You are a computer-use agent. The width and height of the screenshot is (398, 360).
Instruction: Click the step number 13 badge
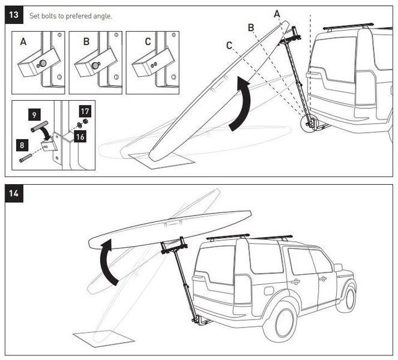(x=14, y=16)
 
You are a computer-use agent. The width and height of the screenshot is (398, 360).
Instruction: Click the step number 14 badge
(x=14, y=194)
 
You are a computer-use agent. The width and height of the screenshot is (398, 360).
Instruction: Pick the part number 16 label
(x=80, y=137)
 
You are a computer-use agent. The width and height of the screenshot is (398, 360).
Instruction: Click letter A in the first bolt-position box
(x=23, y=41)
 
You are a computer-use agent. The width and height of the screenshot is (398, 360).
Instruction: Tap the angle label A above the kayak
(x=277, y=13)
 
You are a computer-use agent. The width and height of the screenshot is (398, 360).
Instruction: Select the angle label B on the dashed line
(x=251, y=27)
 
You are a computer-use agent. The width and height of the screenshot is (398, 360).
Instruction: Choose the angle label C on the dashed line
(x=229, y=44)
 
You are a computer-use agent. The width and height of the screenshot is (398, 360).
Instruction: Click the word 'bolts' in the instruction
(x=48, y=16)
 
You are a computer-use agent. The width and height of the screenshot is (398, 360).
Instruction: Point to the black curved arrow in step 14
(x=108, y=261)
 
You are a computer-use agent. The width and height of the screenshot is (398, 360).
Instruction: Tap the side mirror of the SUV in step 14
(x=337, y=267)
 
